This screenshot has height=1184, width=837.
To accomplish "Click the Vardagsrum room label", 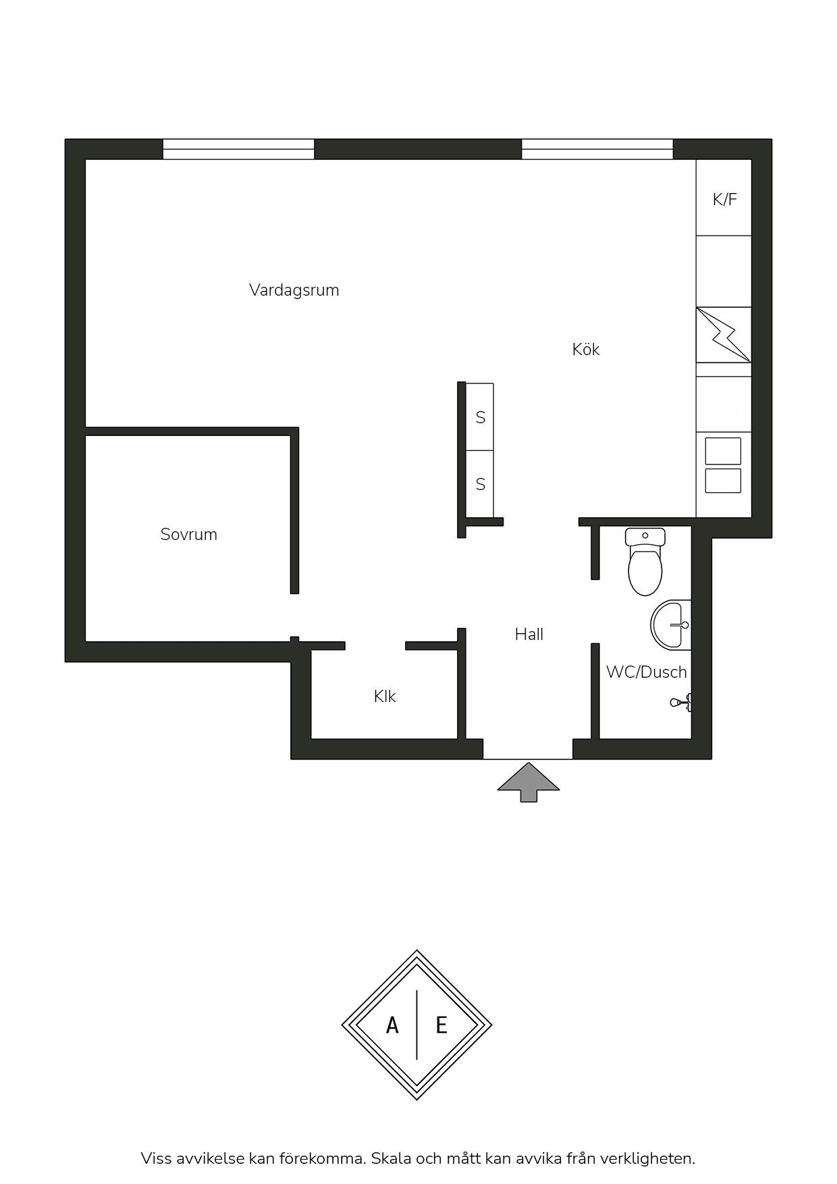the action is (x=294, y=290).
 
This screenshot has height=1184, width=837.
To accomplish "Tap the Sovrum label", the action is (x=189, y=535).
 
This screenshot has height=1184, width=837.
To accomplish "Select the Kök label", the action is (x=586, y=349).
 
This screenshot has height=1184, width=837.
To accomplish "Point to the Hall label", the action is (x=529, y=634).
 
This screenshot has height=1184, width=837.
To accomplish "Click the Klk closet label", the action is (x=385, y=696).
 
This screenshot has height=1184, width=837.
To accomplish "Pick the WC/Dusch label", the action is (x=646, y=672).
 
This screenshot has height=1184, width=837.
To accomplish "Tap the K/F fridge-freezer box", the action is (x=724, y=198).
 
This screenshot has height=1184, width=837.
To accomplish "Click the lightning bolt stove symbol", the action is (x=724, y=335).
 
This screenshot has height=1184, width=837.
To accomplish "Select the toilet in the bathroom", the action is (x=645, y=562).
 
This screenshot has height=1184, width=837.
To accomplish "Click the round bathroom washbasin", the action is (x=671, y=625).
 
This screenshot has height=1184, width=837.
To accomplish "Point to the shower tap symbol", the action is (x=681, y=702).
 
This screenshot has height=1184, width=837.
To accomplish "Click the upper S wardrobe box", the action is (x=480, y=417).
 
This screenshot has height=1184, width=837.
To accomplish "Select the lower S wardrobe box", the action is (x=480, y=484).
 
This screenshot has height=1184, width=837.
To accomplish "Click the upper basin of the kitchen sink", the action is (x=723, y=451).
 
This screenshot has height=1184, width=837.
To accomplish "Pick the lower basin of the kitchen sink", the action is (x=723, y=481).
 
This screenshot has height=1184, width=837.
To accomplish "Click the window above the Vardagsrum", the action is (x=238, y=149).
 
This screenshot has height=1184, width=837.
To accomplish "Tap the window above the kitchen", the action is (x=597, y=149).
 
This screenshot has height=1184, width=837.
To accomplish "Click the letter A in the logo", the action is (x=392, y=1026).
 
